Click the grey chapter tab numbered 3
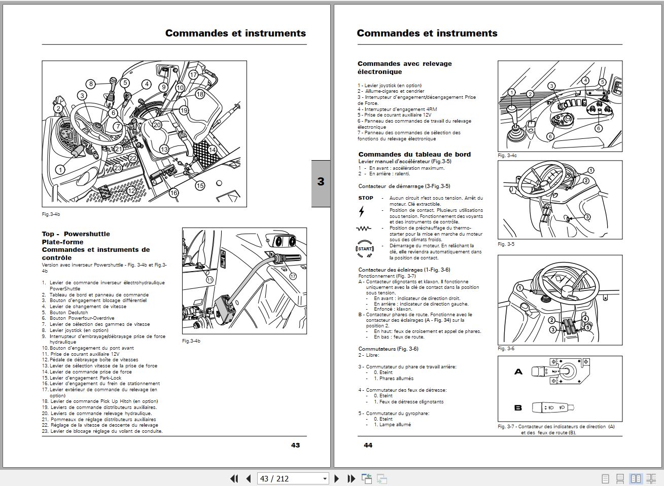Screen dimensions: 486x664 (321, 182)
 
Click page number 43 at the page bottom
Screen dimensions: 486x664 (295, 445)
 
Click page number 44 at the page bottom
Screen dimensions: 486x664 (368, 445)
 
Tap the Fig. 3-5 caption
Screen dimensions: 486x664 (506, 244)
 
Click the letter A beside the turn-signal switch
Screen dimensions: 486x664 (518, 372)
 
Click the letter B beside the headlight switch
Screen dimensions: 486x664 (518, 407)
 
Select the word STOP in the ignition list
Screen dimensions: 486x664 (366, 198)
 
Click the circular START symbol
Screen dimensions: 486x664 (365, 248)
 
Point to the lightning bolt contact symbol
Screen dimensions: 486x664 (362, 211)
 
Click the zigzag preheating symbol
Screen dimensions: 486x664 (364, 229)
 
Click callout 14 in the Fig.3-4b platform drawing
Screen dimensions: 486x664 (212, 149)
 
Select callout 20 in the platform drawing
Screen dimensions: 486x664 (157, 125)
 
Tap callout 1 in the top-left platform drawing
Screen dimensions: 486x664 (60, 170)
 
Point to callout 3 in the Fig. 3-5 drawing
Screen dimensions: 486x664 (587, 217)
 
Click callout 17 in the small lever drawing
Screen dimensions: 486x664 (293, 276)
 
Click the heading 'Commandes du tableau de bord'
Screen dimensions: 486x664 (414, 155)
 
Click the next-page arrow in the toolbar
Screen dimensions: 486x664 (336, 478)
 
